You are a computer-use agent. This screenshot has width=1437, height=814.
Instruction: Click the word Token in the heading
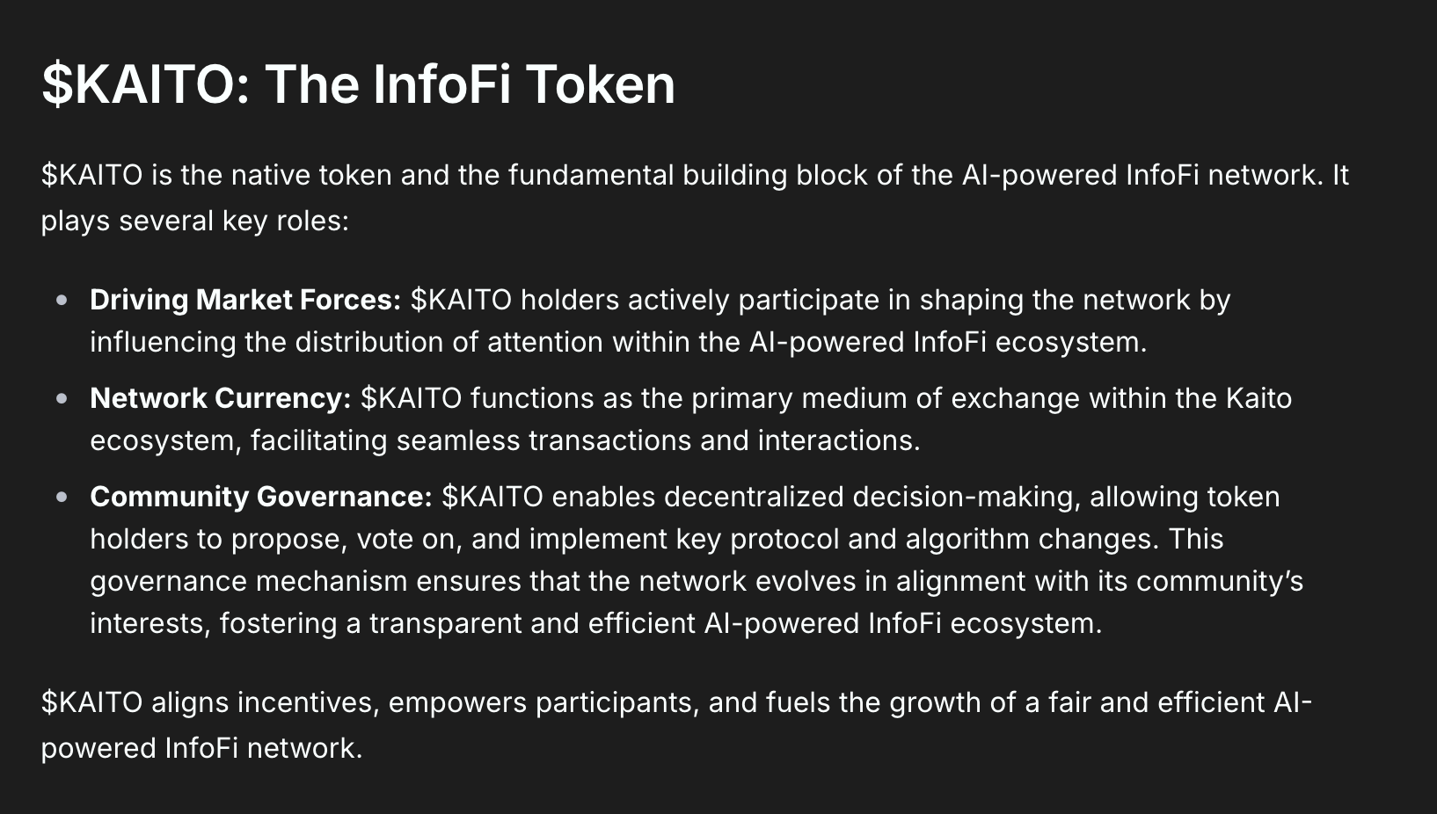coord(601,84)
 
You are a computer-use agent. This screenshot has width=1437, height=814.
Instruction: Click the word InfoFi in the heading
coord(442,84)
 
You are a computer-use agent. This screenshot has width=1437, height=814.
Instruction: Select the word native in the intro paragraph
coord(271,175)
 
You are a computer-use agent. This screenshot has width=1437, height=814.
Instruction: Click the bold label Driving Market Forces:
coord(245,301)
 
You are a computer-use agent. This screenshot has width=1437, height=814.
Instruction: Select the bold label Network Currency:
coord(221,398)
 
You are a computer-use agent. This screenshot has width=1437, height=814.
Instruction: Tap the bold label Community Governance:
coord(261,498)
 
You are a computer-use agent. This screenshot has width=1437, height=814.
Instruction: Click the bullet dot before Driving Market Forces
coord(62,301)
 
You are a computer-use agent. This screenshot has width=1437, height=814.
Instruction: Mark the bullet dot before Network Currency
coord(62,399)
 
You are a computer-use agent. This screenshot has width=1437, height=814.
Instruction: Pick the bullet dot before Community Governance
coord(62,498)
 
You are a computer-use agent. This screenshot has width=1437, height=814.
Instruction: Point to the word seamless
coord(458,441)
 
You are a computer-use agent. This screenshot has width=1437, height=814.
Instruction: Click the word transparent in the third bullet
coord(445,624)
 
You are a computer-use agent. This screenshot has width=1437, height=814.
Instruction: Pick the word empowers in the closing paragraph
coord(457,703)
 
